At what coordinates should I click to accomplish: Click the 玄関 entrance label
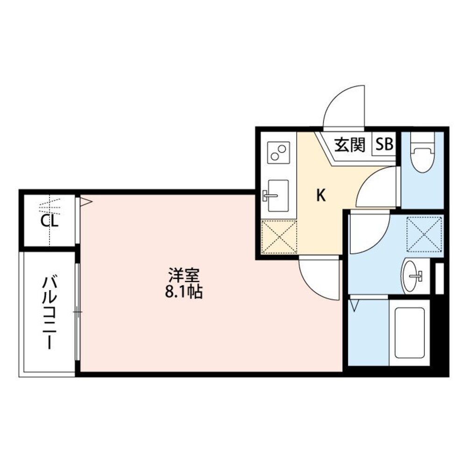point(349,146)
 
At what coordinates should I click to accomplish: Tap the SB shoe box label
point(384,146)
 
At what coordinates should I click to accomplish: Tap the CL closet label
point(50,222)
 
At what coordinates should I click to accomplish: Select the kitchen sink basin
point(277,195)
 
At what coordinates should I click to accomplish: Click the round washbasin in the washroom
point(411,276)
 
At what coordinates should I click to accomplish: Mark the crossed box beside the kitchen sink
point(279,237)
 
